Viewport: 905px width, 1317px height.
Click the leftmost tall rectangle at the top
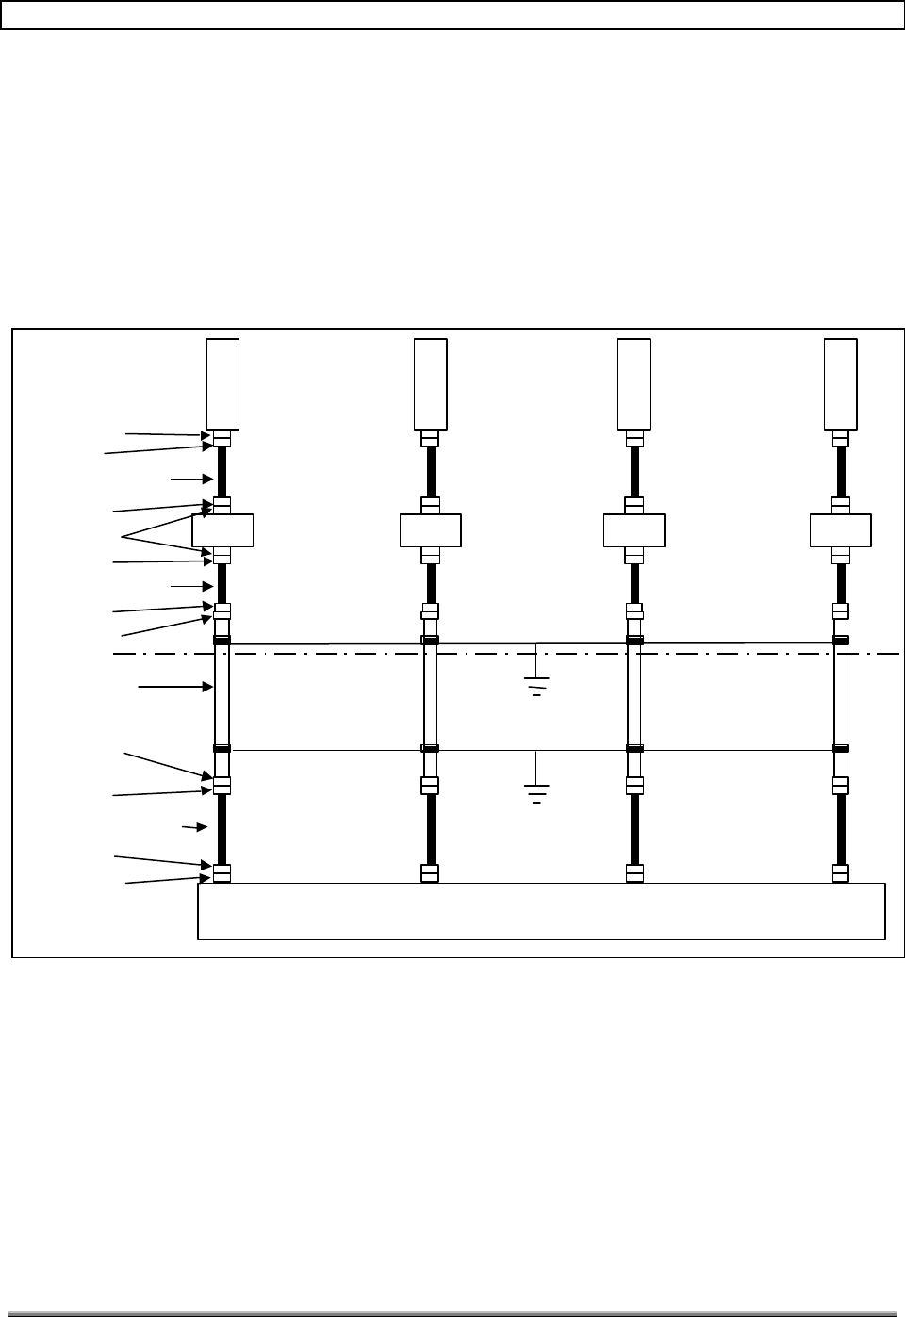pyautogui.click(x=222, y=383)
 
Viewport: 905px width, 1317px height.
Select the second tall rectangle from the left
pyautogui.click(x=430, y=383)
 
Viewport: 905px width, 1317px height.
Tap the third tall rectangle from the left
pyautogui.click(x=633, y=383)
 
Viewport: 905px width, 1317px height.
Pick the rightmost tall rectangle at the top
pyautogui.click(x=840, y=383)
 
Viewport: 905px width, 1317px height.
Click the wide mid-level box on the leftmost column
pyautogui.click(x=222, y=530)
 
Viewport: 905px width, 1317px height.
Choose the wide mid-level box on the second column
pyautogui.click(x=430, y=530)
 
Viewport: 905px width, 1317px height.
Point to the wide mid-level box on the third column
pyautogui.click(x=633, y=530)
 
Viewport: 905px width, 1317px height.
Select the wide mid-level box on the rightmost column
pyautogui.click(x=840, y=530)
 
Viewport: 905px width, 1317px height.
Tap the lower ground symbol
pyautogui.click(x=535, y=792)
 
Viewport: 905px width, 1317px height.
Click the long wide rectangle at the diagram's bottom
pyautogui.click(x=541, y=911)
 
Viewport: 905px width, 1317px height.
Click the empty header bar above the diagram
pyautogui.click(x=452, y=15)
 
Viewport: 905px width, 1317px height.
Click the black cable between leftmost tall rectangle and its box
pyautogui.click(x=222, y=473)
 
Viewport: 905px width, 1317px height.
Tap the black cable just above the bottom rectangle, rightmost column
pyautogui.click(x=840, y=829)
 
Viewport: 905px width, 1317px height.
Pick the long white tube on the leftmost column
pyautogui.click(x=222, y=695)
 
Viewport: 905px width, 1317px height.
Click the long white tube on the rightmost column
pyautogui.click(x=840, y=695)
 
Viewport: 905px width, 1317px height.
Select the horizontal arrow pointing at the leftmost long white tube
pyautogui.click(x=175, y=688)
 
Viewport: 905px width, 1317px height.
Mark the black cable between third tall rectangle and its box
pyautogui.click(x=633, y=473)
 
